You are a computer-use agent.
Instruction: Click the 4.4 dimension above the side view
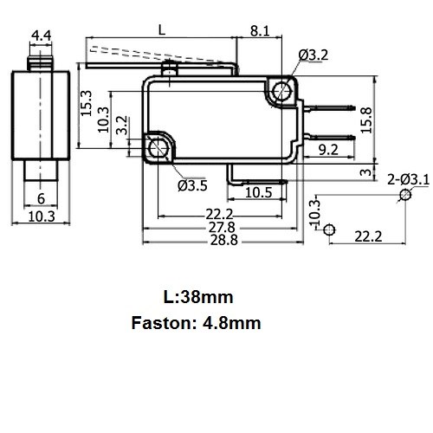coord(41,36)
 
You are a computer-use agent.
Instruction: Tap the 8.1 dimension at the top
coord(260,31)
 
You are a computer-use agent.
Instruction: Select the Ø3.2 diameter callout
coord(313,55)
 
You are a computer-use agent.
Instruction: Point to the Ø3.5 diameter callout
coord(192,185)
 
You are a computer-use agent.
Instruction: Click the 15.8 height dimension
coord(366,120)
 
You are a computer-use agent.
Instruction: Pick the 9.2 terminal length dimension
coord(328,150)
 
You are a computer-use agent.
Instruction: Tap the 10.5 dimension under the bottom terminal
coord(258,192)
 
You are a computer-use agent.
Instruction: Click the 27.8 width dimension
coord(222,228)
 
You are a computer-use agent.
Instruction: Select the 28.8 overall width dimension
coord(223,240)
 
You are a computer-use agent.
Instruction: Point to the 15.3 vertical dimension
coord(86,103)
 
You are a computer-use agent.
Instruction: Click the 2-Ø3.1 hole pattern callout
coord(408,180)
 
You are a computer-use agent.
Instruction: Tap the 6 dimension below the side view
coord(41,198)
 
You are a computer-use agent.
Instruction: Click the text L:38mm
coord(198,297)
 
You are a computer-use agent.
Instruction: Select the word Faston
coord(160,323)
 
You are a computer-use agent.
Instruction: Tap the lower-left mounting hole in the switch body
coord(158,147)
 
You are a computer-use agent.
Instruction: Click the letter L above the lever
coord(162,30)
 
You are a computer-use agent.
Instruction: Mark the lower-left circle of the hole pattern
coord(329,229)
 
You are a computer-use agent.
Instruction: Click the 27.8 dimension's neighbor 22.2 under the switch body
coord(219,214)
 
